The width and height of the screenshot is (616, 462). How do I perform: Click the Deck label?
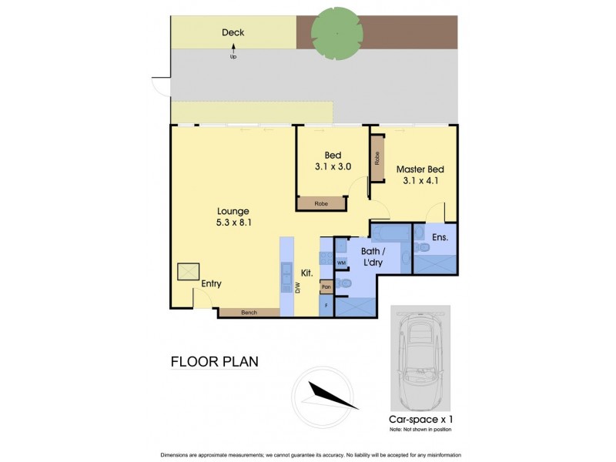(x=233, y=32)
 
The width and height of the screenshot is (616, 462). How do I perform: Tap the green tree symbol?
(x=336, y=34)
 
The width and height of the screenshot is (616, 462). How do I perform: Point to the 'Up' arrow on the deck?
(x=233, y=52)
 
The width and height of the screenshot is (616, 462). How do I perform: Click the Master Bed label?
(x=420, y=169)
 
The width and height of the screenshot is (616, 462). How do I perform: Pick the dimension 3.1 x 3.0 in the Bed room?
(x=333, y=166)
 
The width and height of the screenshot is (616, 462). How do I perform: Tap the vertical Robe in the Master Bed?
(x=377, y=159)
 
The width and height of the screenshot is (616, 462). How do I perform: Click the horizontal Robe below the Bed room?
(x=322, y=204)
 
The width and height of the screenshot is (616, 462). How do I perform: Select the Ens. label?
(x=440, y=237)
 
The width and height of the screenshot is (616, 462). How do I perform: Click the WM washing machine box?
(x=341, y=263)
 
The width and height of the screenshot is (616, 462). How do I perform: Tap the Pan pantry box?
(x=326, y=287)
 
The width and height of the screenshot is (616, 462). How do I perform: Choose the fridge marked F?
(x=326, y=306)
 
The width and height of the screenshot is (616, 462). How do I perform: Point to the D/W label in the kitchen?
(x=296, y=288)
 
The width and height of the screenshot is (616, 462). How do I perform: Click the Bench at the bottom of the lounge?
(x=249, y=313)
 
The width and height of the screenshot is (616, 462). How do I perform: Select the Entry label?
(x=211, y=284)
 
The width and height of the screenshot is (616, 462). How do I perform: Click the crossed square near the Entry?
(x=188, y=272)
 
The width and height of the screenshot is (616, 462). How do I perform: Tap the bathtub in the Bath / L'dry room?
(x=391, y=230)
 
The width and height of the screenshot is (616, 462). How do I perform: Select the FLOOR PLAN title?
(x=214, y=361)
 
